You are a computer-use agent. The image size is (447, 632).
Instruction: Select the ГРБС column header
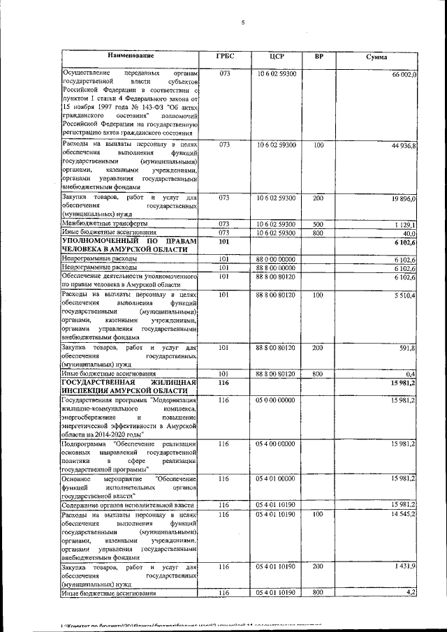click(225, 56)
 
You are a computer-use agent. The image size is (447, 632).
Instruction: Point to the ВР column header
click(318, 56)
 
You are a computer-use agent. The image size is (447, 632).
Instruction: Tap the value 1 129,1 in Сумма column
click(404, 224)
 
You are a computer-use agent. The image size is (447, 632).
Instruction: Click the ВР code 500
click(318, 223)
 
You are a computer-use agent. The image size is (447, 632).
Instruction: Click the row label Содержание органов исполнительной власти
click(125, 504)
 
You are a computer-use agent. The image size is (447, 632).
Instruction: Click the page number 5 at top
click(242, 22)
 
